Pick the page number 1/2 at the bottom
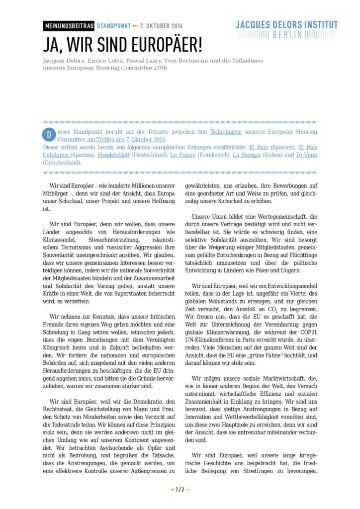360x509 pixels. tap(180, 490)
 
